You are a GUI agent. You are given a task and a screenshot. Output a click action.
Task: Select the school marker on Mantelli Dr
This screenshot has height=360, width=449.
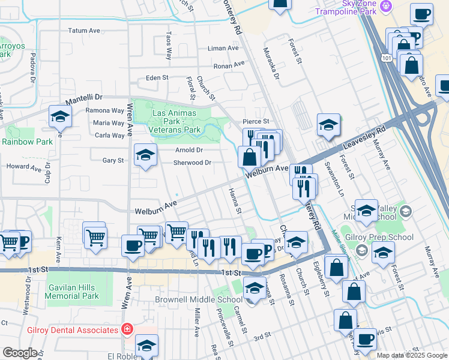(x=60, y=118)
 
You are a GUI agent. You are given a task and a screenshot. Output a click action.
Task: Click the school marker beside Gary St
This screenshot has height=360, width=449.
(x=145, y=157)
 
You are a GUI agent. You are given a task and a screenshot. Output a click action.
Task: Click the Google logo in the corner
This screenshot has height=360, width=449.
(x=20, y=353)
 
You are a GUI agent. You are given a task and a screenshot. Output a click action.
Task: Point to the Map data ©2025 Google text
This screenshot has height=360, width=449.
(x=411, y=355)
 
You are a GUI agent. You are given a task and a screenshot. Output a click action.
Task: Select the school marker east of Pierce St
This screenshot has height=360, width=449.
(x=328, y=125)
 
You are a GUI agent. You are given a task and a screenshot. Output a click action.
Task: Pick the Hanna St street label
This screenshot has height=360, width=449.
(x=235, y=200)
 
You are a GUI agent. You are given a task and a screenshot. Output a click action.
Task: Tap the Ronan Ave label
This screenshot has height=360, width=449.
(x=230, y=64)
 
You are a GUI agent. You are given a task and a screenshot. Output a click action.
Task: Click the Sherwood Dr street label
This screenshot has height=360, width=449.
(x=192, y=163)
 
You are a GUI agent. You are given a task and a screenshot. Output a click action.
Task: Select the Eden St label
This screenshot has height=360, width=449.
(x=157, y=78)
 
